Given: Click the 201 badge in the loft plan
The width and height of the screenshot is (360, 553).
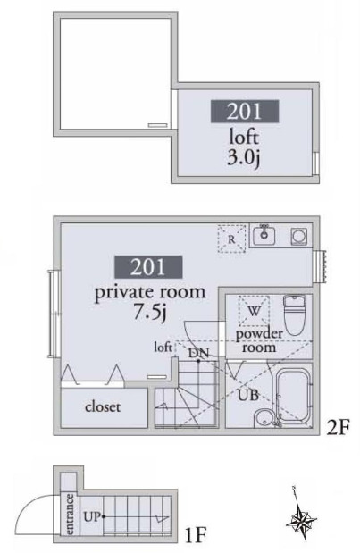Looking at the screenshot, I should [x=244, y=112].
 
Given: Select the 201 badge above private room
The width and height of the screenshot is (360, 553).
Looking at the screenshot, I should [x=148, y=266].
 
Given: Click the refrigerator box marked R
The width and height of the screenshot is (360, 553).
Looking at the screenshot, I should [x=232, y=239].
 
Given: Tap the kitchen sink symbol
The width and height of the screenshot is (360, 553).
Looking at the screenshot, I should [x=264, y=236].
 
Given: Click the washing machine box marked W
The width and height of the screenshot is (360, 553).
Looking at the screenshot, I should [x=254, y=311].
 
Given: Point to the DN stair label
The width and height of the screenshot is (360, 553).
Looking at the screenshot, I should [x=199, y=354].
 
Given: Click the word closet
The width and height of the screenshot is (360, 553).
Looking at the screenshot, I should [x=103, y=406].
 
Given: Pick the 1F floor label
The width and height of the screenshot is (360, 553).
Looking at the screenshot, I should [x=197, y=536].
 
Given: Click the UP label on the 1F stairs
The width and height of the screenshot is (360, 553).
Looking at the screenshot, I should [x=91, y=515].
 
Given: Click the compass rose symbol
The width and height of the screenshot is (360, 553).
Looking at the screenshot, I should [x=303, y=520].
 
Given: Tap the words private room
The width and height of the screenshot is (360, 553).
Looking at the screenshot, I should [x=150, y=292].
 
